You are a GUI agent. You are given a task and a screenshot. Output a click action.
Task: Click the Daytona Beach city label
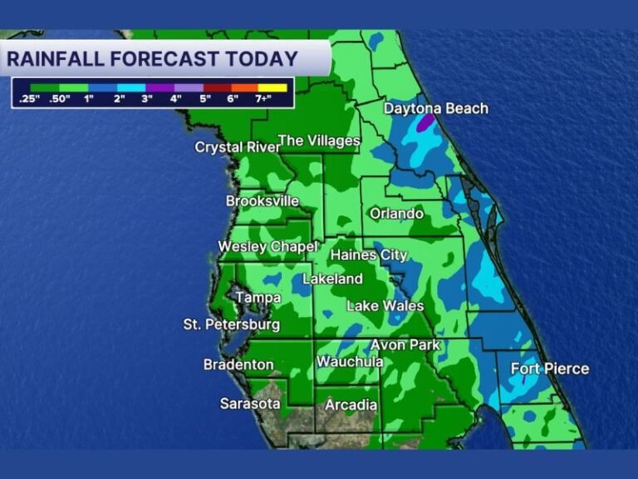point(435,109)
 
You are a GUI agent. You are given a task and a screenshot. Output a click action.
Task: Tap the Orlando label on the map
point(396,214)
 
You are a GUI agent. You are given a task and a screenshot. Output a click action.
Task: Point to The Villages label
point(319,141)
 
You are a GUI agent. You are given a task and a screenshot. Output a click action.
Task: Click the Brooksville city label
point(263,201)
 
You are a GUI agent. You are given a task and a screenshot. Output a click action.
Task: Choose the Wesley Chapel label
point(267,247)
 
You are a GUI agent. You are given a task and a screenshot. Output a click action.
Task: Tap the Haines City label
point(369,254)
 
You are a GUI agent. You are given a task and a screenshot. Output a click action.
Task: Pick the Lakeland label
point(332,279)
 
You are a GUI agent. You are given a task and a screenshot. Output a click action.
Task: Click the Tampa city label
point(258,298)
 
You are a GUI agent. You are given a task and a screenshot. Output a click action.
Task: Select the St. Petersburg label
point(232,324)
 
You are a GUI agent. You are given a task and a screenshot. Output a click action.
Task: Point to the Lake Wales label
point(385,306)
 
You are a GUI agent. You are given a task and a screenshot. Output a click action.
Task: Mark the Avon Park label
point(405,344)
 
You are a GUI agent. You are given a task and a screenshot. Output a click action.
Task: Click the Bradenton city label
point(238,364)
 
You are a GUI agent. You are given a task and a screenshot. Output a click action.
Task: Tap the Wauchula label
point(350,362)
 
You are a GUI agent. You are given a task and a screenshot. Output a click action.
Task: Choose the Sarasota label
point(250,403)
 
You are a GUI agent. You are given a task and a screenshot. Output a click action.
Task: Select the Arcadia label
point(351,405)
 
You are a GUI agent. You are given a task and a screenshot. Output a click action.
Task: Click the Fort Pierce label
point(549,368)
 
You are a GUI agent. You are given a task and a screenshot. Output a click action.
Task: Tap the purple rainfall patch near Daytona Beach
point(425,123)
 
